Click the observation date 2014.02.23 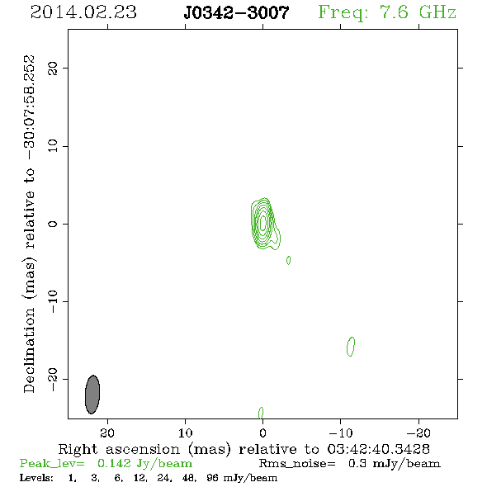(x=83, y=12)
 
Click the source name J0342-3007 (x=236, y=12)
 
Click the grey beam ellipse (x=92, y=395)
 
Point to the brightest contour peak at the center (x=262, y=222)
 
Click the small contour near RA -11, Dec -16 (x=351, y=347)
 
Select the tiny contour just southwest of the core (x=289, y=260)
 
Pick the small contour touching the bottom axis (x=261, y=413)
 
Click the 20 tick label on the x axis (x=107, y=433)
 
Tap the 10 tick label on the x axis (x=186, y=433)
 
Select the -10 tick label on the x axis (x=341, y=433)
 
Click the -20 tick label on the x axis (x=418, y=433)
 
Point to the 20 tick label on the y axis (x=53, y=69)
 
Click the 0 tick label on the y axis (x=53, y=224)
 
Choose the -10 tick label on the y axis (x=53, y=301)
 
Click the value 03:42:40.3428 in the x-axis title (x=378, y=449)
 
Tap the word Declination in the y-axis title (x=29, y=350)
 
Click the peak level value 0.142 (x=114, y=463)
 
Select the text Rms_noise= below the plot (x=297, y=464)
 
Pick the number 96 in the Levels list (x=212, y=478)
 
